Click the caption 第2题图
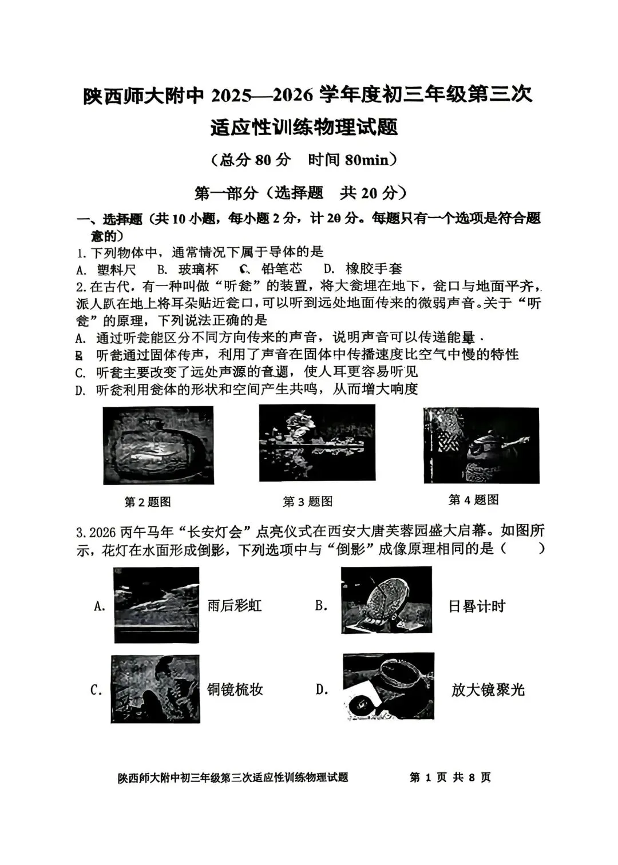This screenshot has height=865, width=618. [x=148, y=502]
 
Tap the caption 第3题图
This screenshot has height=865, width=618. [x=308, y=501]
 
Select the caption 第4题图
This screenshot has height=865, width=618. [x=473, y=499]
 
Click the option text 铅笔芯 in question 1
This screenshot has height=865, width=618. [x=282, y=268]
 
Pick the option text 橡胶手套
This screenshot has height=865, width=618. [x=374, y=268]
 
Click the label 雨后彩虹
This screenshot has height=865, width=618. [x=234, y=605]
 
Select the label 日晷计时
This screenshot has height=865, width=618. [x=477, y=606]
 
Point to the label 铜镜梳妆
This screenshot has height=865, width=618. [x=235, y=689]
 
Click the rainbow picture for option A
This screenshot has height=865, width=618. [x=156, y=605]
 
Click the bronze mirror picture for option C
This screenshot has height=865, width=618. [x=155, y=689]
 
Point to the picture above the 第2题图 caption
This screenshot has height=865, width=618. [x=158, y=445]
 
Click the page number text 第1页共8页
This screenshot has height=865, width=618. [x=450, y=777]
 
